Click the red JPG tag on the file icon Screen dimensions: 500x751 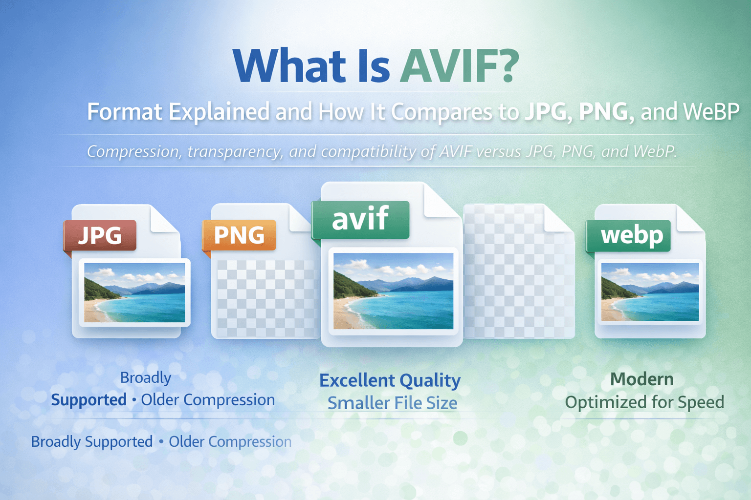click(100, 235)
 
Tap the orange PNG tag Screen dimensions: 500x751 click(239, 235)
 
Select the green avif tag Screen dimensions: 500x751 click(360, 219)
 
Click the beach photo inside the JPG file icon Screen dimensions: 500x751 click(134, 292)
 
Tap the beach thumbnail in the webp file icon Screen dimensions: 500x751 click(650, 292)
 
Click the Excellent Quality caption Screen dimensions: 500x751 click(390, 380)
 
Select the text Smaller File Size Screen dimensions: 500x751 click(392, 403)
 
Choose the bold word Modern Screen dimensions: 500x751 click(641, 379)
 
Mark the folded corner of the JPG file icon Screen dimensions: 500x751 click(163, 220)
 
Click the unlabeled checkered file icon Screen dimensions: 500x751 click(518, 273)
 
